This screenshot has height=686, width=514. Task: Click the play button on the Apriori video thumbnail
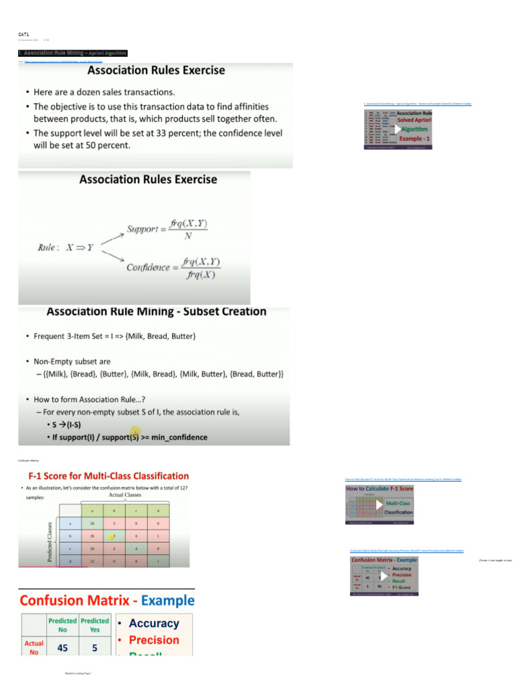(x=397, y=129)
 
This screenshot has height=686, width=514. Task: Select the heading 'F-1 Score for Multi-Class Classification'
(x=103, y=476)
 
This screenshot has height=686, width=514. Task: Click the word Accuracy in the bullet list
(x=154, y=623)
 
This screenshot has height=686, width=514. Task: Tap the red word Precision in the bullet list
(x=154, y=640)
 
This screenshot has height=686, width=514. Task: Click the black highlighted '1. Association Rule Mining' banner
(x=72, y=53)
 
